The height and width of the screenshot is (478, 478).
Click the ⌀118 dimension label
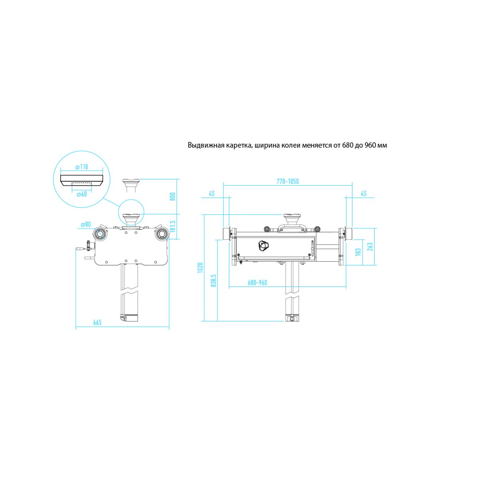coord(82,167)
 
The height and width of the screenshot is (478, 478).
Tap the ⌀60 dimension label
coord(82,194)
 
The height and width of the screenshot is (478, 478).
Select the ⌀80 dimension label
coord(86,224)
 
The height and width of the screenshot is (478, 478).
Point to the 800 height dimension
coord(173,197)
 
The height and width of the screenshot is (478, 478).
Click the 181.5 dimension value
coord(173,226)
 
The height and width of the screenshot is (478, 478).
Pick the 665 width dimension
coord(97,322)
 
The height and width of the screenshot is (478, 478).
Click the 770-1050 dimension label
coord(288,181)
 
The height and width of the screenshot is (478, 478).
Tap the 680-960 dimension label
coord(257,282)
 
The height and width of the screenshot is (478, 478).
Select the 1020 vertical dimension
coord(200,268)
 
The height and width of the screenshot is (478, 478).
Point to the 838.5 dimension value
coord(214,280)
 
